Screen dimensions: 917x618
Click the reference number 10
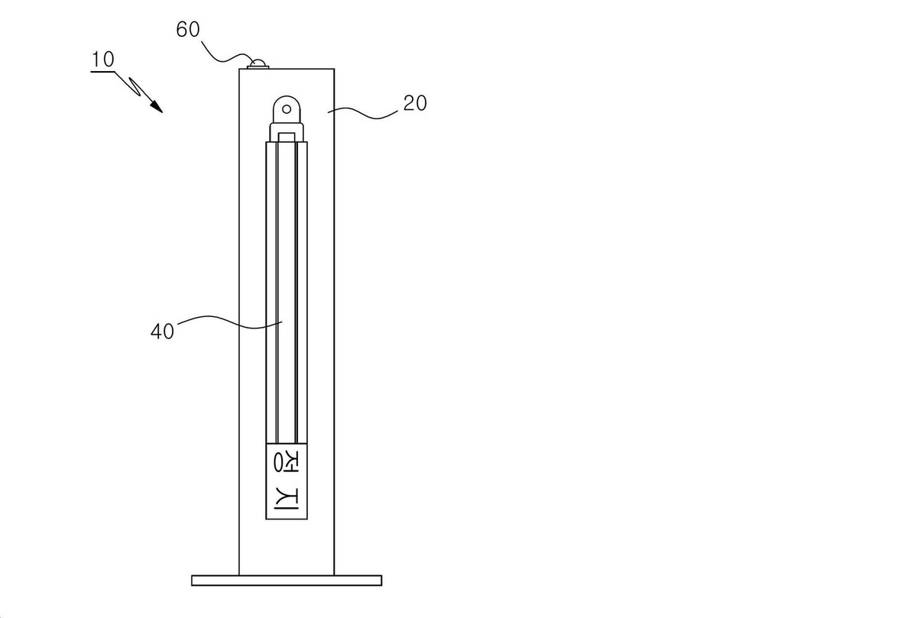point(102,60)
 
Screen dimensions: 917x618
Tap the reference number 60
point(188,30)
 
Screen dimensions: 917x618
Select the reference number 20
point(415,103)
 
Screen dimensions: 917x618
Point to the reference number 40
point(163,332)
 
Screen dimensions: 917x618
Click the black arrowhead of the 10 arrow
point(156,106)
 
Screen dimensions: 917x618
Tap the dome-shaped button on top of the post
point(259,63)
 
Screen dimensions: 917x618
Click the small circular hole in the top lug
point(287,109)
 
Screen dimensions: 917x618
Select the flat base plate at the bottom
point(287,581)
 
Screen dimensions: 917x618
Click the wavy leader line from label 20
point(363,113)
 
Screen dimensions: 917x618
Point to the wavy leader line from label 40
point(230,322)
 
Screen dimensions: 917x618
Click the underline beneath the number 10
point(102,72)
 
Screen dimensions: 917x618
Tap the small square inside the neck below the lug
point(287,138)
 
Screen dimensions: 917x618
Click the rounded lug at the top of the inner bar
point(287,108)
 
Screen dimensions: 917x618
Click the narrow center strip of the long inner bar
point(287,293)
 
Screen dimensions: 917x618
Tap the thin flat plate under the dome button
point(258,67)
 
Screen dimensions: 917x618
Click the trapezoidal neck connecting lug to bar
point(287,131)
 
